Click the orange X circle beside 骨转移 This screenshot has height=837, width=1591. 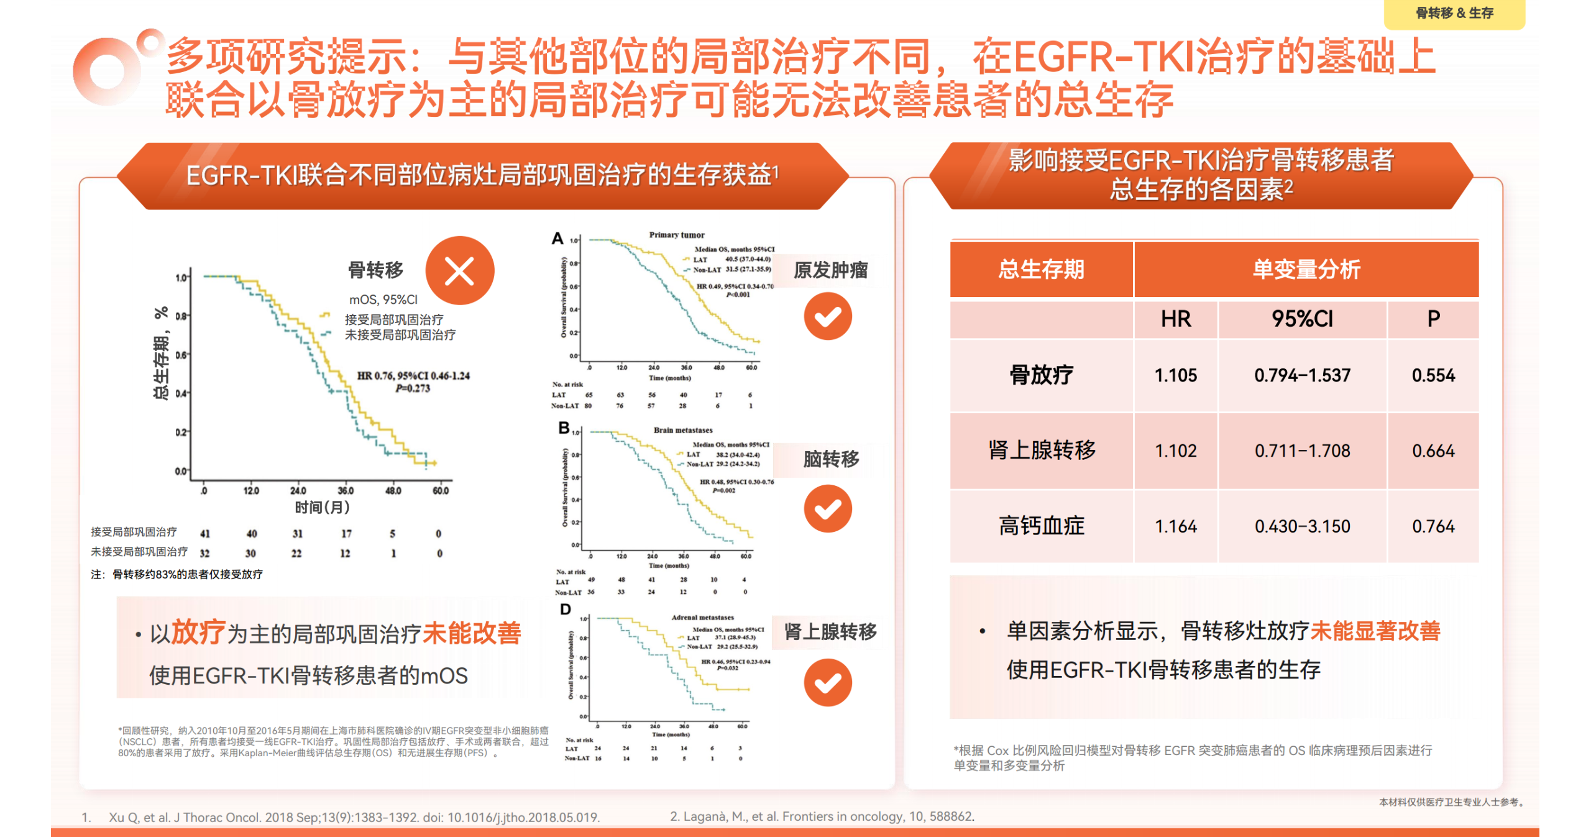tap(459, 271)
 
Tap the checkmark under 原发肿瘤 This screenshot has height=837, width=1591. tap(827, 316)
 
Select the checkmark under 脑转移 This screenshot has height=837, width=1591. tap(827, 509)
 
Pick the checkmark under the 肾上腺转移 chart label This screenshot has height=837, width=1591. tap(827, 683)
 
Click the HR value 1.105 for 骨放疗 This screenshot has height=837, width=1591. tap(1175, 375)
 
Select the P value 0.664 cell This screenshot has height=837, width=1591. tap(1433, 451)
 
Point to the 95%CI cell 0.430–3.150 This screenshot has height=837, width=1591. tap(1302, 526)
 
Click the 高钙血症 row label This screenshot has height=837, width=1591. tap(1041, 526)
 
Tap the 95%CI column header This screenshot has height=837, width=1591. tap(1302, 319)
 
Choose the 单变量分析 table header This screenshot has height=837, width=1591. tap(1306, 269)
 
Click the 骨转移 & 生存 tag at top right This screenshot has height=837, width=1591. tap(1454, 13)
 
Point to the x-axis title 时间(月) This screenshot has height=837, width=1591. tap(322, 507)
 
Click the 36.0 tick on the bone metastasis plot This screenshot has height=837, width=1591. tap(346, 491)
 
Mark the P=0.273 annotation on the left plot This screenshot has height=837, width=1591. tap(413, 388)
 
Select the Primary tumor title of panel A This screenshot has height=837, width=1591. tap(676, 235)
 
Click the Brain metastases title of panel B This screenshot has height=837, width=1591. tap(682, 430)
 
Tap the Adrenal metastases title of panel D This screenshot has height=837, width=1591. tap(702, 617)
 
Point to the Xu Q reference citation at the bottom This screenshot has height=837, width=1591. tap(354, 817)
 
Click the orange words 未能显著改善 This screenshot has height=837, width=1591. tap(1375, 631)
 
